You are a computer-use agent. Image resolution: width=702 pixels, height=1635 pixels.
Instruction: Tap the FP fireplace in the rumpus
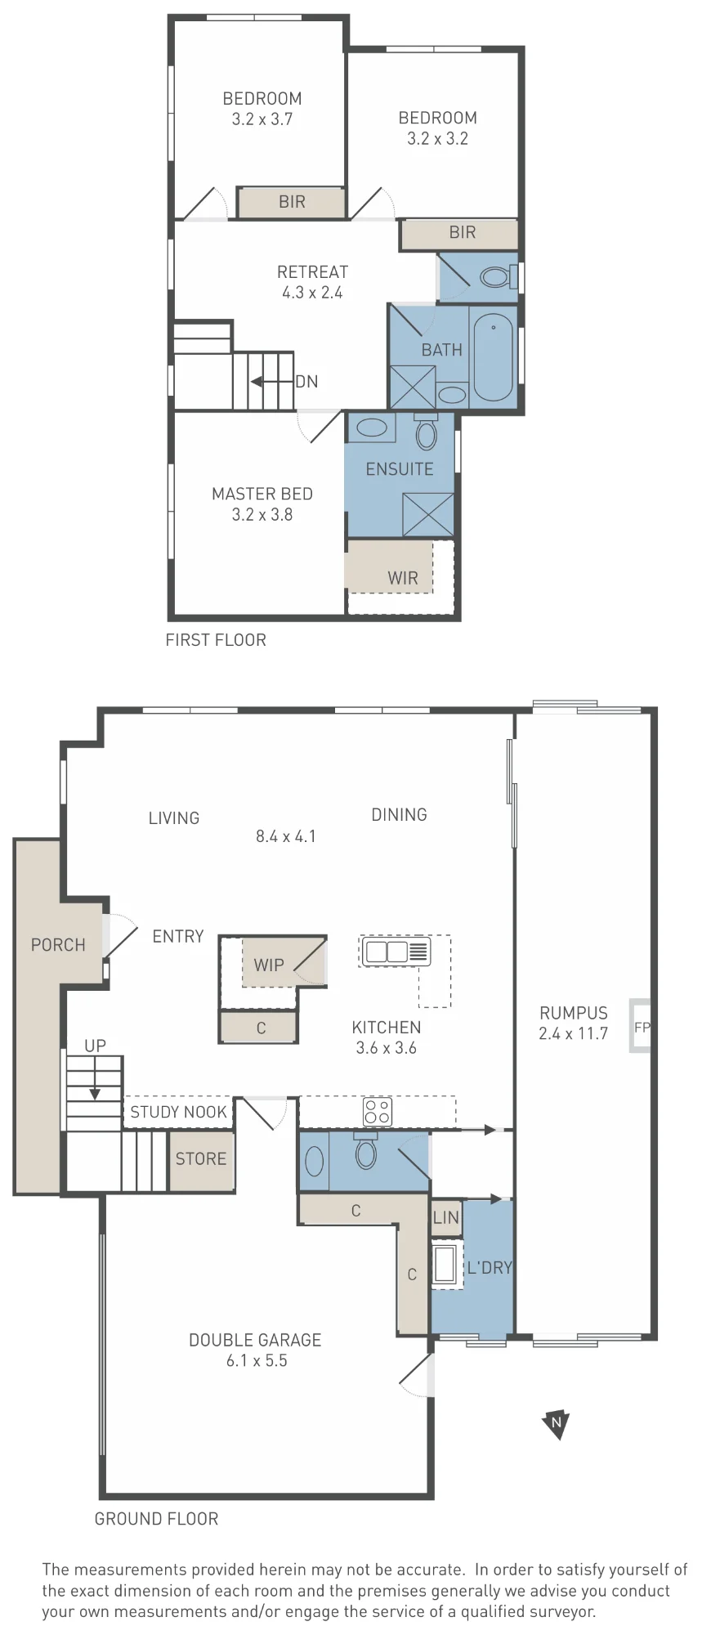tap(640, 1026)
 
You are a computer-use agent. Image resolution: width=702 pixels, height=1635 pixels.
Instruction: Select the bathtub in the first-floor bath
tap(493, 356)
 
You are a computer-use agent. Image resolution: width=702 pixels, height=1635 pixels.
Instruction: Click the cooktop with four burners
tap(378, 1112)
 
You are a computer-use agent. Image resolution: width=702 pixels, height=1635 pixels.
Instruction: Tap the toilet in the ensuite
tap(426, 431)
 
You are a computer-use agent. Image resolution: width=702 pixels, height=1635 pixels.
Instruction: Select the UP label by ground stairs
tap(95, 1046)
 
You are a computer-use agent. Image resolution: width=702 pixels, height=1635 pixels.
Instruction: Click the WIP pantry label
tap(269, 965)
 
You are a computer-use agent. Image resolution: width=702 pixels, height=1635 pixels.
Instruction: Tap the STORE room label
tap(201, 1158)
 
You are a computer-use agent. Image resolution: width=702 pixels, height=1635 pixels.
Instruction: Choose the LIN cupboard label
tap(446, 1217)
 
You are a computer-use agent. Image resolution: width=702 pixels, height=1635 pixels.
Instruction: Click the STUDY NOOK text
tap(178, 1112)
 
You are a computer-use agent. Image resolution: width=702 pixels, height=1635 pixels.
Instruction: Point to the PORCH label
tap(58, 945)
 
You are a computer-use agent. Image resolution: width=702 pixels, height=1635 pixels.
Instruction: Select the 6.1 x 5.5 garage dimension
tap(257, 1360)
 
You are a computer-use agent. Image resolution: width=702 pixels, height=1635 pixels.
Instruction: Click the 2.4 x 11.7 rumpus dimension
tap(573, 1033)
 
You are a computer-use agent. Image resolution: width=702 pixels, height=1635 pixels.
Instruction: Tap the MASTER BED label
tap(262, 494)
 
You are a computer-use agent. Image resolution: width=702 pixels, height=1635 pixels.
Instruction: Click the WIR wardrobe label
tap(403, 578)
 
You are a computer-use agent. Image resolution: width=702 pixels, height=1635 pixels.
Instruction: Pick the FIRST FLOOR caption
tap(216, 640)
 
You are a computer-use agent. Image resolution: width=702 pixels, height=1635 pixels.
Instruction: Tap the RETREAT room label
tap(313, 272)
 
